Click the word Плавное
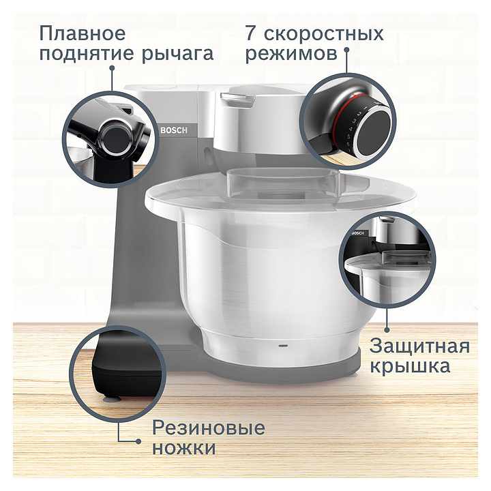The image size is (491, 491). coord(83,33)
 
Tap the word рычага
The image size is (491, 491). coord(177,55)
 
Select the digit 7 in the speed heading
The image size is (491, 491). coord(251,33)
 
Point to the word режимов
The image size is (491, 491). coord(292,55)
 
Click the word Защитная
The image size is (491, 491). coord(419,347)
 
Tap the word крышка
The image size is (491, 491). coord(411,366)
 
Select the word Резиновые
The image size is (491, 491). coord(209,428)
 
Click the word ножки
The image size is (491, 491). coord(184,448)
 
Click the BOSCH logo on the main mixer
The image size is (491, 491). coord(174,130)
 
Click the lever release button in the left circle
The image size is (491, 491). coord(115,138)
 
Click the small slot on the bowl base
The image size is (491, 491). coord(284,346)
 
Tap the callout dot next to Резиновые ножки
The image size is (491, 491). coord(138,441)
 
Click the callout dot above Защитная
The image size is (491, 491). coord(387,330)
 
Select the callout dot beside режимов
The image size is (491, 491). coord(346,50)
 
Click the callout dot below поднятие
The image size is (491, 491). coord(112,68)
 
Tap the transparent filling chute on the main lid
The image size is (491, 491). coord(284,184)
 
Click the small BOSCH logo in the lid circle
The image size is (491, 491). coord(357,233)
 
